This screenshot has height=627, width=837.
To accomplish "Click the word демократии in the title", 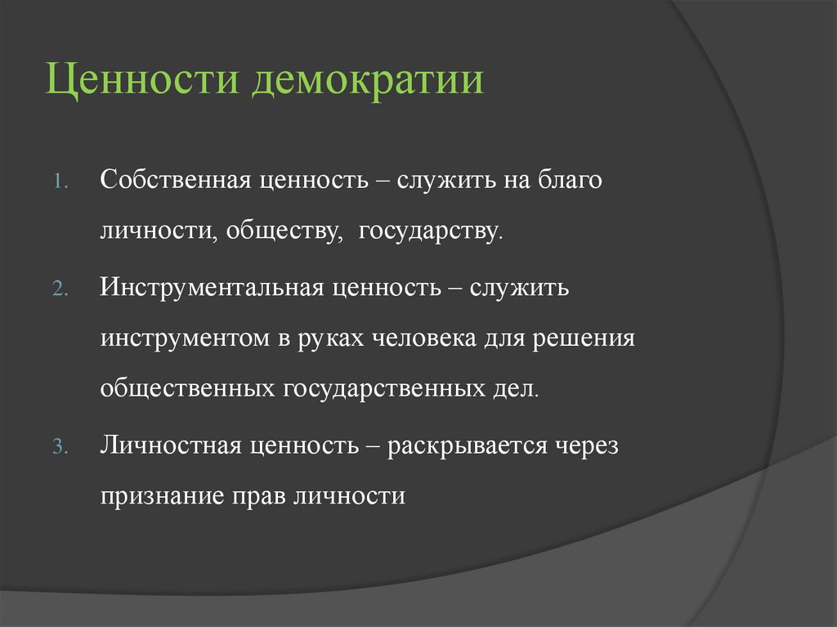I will point(368,83).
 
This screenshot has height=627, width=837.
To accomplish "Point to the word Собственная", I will point(175,181).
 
